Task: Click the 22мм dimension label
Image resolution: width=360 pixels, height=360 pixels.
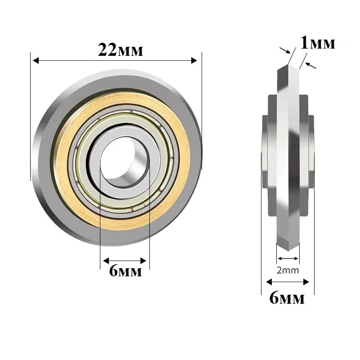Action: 120,50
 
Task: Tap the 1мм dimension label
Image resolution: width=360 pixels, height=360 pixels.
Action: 318,43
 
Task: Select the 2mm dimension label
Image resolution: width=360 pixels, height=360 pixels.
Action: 288,270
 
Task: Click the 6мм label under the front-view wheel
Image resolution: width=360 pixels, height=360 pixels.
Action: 126,271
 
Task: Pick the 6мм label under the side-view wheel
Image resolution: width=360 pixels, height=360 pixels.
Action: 287,298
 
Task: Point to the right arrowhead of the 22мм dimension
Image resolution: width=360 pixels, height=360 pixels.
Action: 194,61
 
